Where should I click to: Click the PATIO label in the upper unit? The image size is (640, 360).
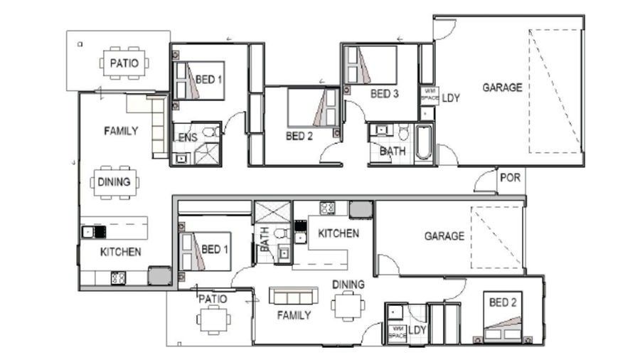124,63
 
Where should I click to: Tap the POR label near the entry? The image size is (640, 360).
509,178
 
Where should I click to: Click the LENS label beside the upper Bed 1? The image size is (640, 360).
185,136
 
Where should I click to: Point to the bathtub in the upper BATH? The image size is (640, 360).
423,142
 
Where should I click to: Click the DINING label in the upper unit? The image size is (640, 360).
114,181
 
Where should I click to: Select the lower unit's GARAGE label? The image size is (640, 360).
444,236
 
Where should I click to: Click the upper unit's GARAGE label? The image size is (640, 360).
502,88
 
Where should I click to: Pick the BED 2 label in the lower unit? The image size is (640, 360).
503,303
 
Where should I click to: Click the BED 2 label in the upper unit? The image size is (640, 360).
299,135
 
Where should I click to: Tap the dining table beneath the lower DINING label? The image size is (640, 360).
348,306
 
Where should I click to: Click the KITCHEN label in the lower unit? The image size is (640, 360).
338,233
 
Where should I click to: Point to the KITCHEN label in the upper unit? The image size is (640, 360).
120,251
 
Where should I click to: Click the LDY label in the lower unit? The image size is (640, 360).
417,330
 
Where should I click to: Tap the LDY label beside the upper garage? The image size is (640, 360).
451,98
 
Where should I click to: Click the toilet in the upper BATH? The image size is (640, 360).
403,133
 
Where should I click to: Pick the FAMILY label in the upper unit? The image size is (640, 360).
121,131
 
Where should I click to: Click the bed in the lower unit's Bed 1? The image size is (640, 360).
206,251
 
